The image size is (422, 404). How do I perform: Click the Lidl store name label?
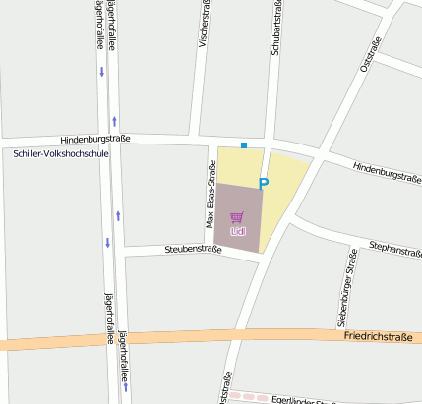click(x=237, y=231)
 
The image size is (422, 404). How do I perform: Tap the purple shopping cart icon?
click(x=236, y=217)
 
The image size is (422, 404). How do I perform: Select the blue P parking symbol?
click(x=263, y=183)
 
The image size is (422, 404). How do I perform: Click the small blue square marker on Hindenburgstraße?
click(x=244, y=145)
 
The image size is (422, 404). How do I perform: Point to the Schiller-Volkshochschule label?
click(x=61, y=154)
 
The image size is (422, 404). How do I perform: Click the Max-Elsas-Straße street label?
click(x=210, y=195)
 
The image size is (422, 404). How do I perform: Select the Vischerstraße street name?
click(x=205, y=26)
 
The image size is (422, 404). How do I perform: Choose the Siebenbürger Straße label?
click(x=347, y=288)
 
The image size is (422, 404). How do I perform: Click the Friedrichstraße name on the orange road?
click(x=379, y=336)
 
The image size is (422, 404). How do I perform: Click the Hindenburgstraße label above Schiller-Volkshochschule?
click(x=95, y=140)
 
